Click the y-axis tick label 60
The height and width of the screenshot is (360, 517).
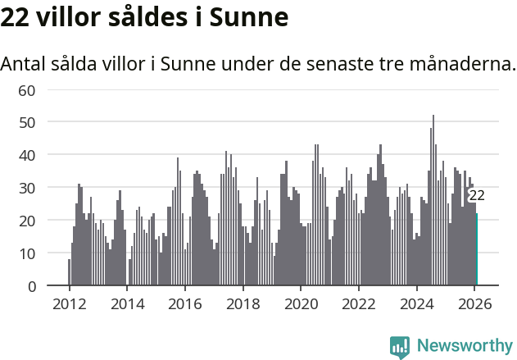pyautogui.click(x=27, y=89)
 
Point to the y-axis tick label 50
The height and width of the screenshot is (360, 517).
pyautogui.click(x=27, y=121)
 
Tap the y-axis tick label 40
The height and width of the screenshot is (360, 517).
pyautogui.click(x=27, y=154)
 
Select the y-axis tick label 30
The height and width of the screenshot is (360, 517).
pyautogui.click(x=27, y=187)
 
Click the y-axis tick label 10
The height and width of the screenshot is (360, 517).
pyautogui.click(x=27, y=253)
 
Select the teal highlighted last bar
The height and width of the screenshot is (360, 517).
pyautogui.click(x=477, y=249)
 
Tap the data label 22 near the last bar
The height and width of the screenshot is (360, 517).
pyautogui.click(x=477, y=195)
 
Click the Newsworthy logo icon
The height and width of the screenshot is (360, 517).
pyautogui.click(x=400, y=346)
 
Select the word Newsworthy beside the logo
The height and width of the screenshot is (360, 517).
pyautogui.click(x=464, y=346)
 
